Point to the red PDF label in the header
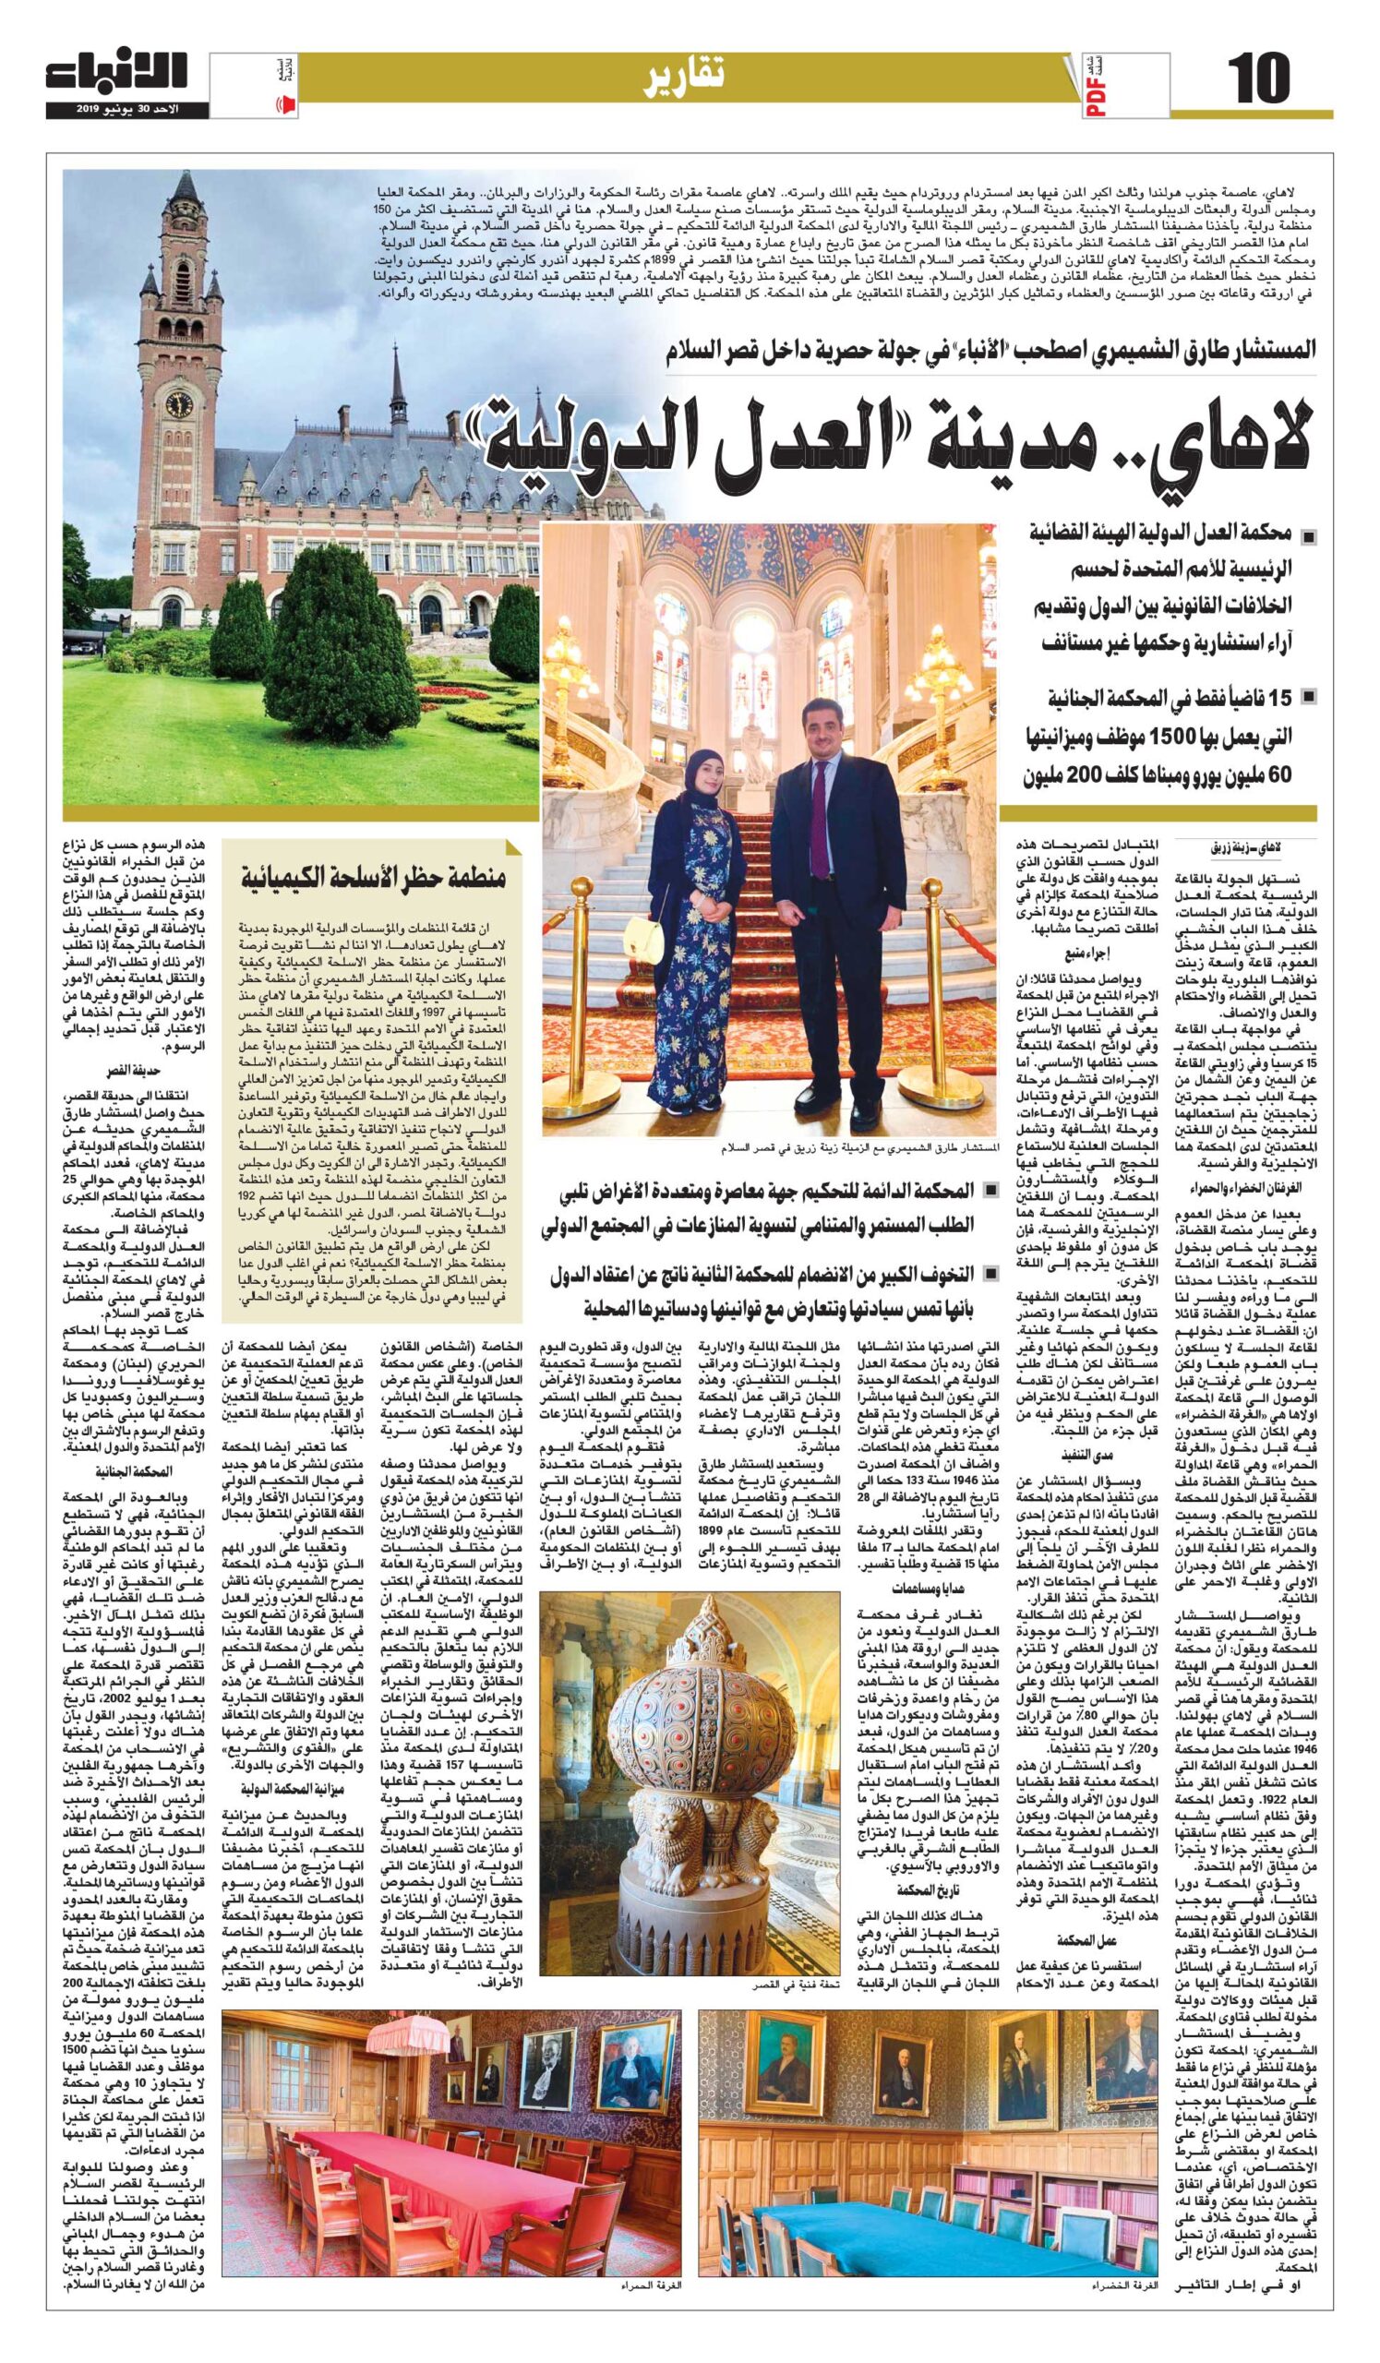coord(1099,97)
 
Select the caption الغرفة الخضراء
coord(1115,2332)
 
